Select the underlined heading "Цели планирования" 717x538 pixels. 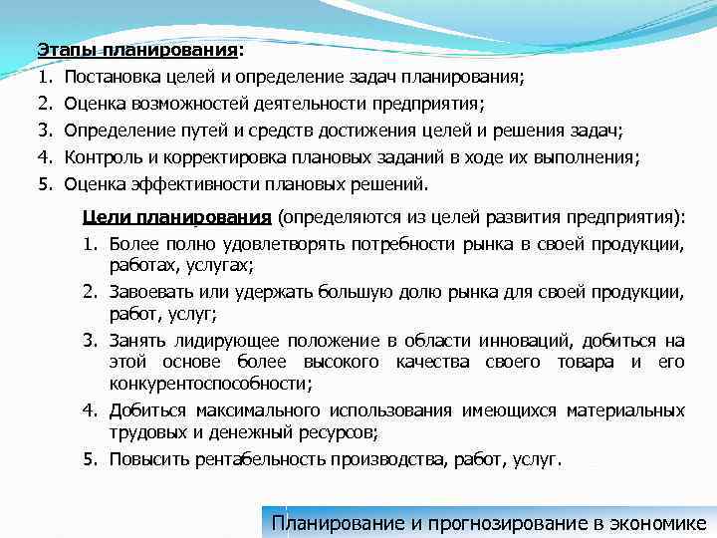click(177, 217)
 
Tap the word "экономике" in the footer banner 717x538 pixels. click(657, 522)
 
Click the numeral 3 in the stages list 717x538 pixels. click(44, 131)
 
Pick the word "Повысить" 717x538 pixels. click(145, 459)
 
